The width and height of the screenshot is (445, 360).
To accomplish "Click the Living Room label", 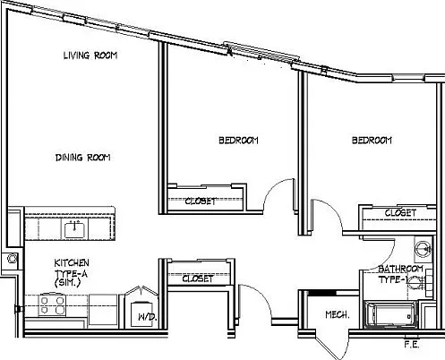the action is [90, 56].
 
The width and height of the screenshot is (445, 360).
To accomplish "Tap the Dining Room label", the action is [83, 158].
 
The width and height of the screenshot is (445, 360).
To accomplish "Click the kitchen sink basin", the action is [74, 229].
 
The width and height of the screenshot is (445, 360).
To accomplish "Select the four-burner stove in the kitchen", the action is [52, 305].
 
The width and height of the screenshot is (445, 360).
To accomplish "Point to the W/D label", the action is [148, 317].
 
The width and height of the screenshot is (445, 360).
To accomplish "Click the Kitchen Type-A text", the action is [72, 273].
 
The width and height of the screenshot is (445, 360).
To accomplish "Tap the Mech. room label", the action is [338, 314].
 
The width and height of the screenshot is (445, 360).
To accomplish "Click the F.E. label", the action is [412, 345].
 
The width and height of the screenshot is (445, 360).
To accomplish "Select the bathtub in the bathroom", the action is [390, 315].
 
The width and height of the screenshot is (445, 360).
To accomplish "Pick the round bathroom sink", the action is [424, 248].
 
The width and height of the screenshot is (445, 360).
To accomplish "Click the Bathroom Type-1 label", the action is [400, 274].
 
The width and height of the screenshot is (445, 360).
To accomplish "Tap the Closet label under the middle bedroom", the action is [201, 201].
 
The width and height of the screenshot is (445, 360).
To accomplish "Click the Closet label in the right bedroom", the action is [400, 213].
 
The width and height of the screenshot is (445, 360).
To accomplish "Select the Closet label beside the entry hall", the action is [198, 279].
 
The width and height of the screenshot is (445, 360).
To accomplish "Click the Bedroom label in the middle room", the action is [238, 141].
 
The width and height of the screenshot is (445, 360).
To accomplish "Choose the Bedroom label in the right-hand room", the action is [372, 141].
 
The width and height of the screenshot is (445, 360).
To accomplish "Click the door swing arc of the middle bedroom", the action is [272, 187].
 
